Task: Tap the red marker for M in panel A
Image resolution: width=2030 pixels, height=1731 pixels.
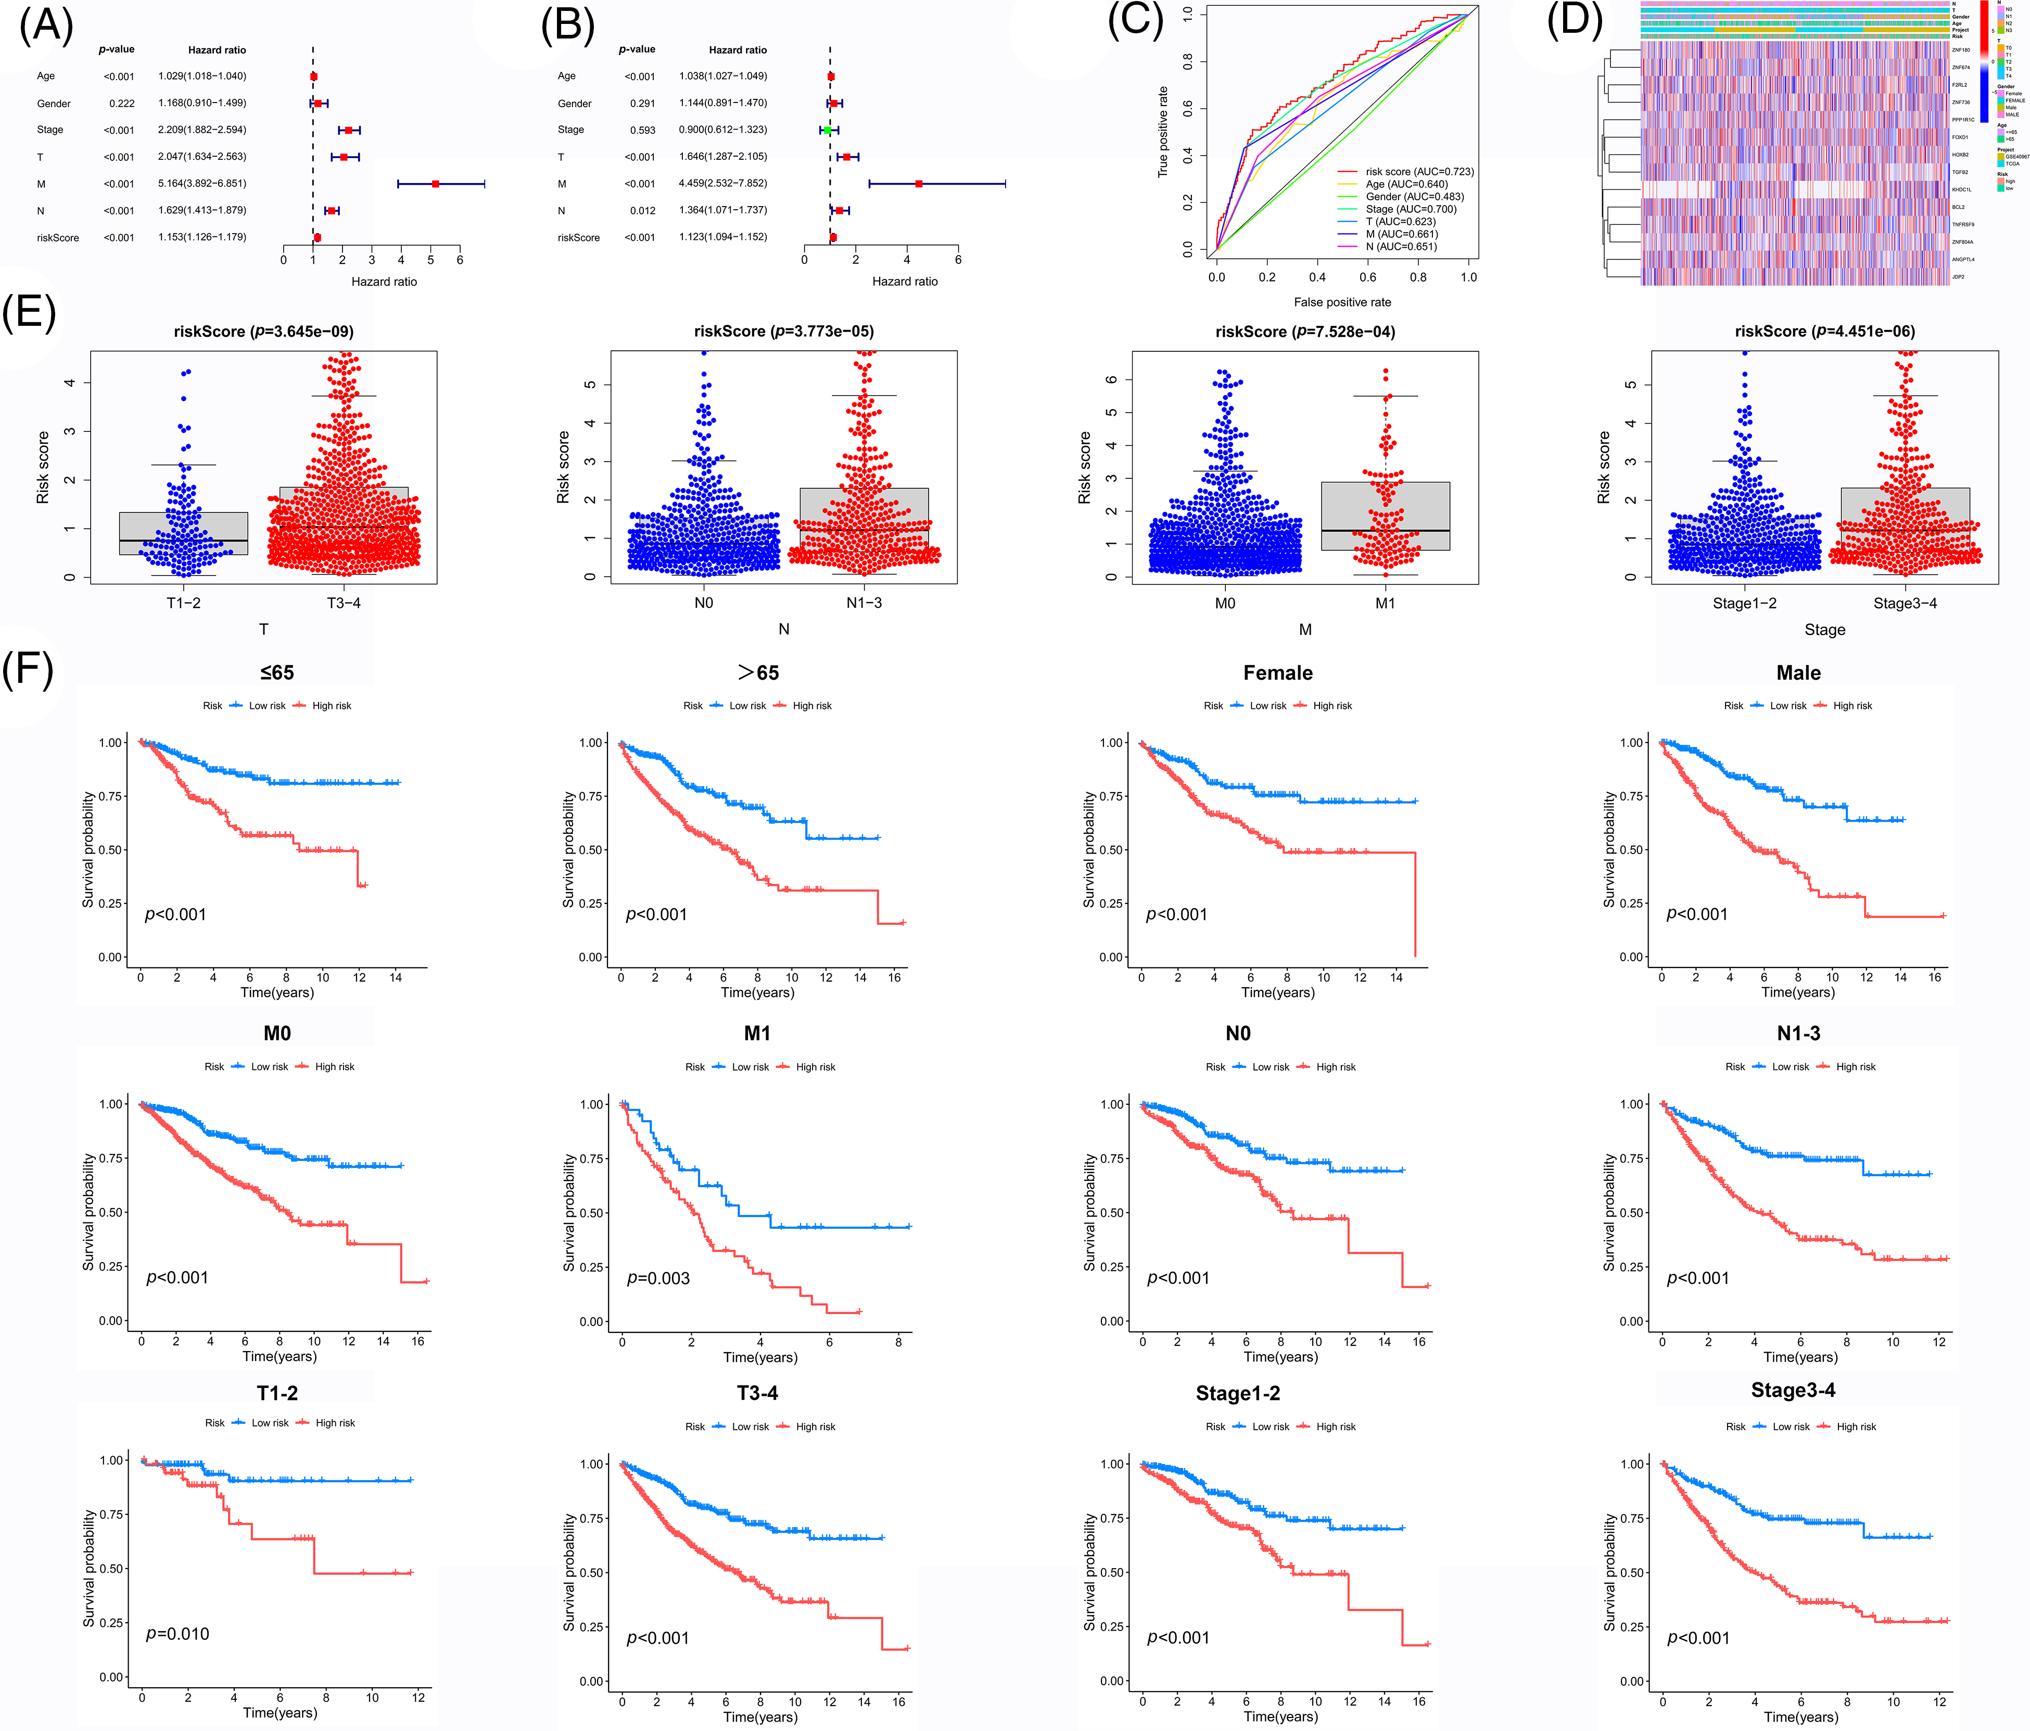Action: (x=435, y=183)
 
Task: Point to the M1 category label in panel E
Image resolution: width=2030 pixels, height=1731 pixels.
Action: (x=1385, y=603)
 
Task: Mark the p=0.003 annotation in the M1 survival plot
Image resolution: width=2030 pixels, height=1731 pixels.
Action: (x=658, y=1278)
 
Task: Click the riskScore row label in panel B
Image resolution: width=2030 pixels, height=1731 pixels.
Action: (x=578, y=238)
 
